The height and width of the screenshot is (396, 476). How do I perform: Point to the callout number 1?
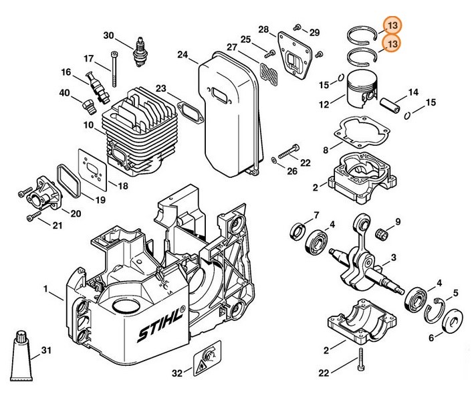[45, 288]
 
